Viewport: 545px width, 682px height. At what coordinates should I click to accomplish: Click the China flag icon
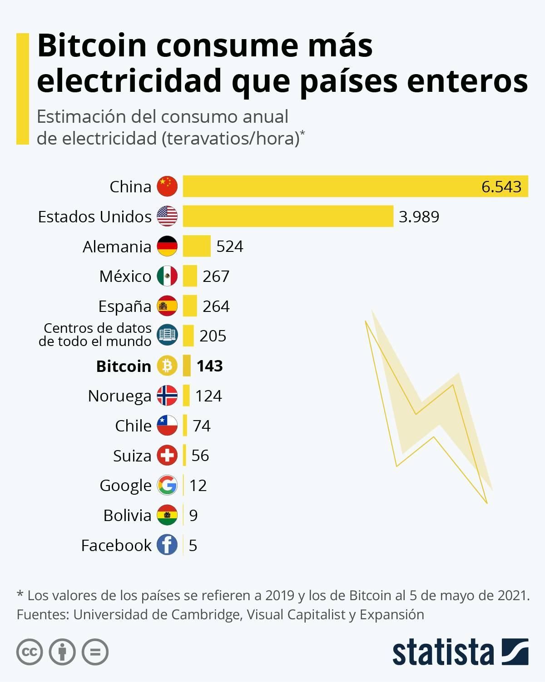167,186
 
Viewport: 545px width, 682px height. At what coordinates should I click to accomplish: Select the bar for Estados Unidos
288,216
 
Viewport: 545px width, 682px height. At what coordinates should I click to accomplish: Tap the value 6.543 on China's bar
501,187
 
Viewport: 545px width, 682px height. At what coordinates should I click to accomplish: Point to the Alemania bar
197,246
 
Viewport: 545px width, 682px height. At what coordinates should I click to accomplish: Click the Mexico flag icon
167,276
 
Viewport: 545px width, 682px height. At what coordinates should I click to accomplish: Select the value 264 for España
216,306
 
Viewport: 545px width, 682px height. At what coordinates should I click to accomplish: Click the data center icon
167,336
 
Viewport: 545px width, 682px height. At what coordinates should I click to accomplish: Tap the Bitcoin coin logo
167,366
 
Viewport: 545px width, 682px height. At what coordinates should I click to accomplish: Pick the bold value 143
209,366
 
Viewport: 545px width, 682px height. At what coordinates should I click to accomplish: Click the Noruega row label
119,396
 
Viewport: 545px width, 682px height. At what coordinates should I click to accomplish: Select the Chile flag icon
167,426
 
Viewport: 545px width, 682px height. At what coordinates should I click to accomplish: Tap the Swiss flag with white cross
167,455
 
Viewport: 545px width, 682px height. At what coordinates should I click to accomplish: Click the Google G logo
167,485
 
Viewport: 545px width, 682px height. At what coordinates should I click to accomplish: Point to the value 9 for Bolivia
193,515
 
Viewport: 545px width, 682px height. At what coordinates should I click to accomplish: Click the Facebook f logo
167,545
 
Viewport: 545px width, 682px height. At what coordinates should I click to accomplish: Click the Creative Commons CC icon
30,652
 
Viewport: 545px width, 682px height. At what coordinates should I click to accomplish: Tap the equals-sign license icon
95,652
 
